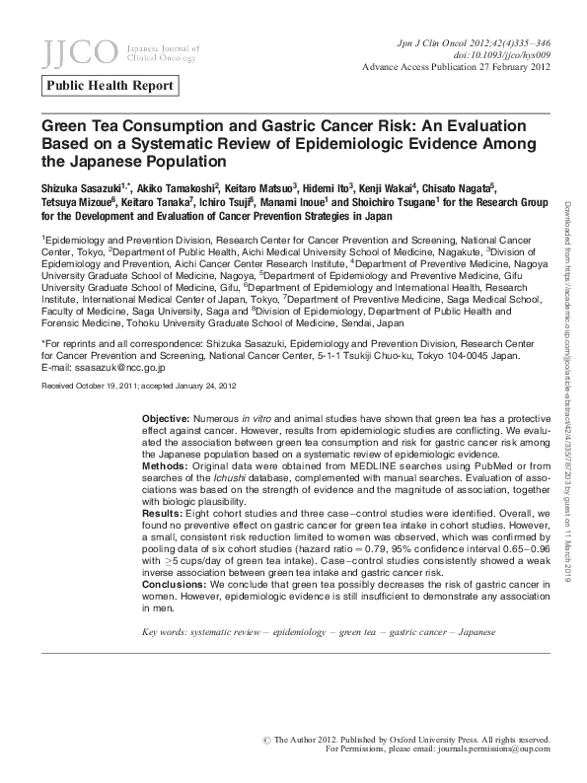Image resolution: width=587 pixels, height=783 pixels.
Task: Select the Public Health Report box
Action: (110, 86)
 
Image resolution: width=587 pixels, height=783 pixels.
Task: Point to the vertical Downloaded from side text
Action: (569, 234)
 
